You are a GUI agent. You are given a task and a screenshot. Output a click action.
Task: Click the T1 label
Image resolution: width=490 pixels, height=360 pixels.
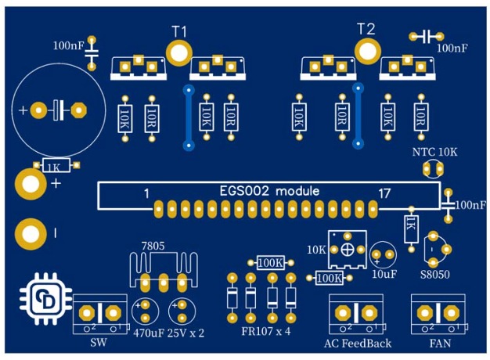tap(179, 31)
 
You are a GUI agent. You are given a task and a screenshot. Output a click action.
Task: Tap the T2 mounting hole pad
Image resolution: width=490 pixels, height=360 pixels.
tap(368, 51)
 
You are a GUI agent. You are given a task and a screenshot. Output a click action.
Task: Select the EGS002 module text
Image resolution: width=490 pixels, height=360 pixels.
tap(269, 191)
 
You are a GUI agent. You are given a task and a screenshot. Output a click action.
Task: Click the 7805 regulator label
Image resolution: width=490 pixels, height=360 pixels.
tap(153, 246)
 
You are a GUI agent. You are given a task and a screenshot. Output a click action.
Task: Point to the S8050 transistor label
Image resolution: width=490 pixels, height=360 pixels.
tap(434, 275)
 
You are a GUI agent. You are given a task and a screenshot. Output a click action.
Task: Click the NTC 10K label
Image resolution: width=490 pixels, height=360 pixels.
tap(434, 152)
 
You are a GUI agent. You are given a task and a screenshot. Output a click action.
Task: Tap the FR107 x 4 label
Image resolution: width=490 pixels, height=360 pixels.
tap(266, 331)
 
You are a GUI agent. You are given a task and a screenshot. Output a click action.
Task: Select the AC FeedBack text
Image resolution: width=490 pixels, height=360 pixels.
tap(358, 344)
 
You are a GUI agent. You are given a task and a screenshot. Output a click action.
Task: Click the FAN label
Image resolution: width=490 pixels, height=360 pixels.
tap(440, 344)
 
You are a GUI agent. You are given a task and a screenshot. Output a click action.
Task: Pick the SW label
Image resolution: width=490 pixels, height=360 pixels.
tap(99, 343)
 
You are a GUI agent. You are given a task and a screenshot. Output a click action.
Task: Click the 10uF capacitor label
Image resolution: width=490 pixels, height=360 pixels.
tap(384, 274)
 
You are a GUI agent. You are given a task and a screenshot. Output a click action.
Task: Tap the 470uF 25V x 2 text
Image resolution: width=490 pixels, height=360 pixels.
tap(169, 333)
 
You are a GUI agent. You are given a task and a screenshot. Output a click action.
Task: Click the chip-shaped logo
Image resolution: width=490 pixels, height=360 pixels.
tap(45, 300)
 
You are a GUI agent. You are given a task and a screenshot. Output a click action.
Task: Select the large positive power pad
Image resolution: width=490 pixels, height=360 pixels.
tap(31, 185)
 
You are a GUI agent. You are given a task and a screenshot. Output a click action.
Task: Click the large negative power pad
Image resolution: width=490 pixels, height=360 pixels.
tap(31, 234)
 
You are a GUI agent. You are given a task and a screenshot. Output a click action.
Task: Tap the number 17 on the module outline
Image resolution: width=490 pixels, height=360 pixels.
tap(384, 194)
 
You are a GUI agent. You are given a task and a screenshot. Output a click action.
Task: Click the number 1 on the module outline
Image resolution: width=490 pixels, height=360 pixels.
tap(146, 194)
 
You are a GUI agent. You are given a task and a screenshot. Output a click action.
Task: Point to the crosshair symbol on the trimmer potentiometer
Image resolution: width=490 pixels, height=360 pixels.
tap(347, 250)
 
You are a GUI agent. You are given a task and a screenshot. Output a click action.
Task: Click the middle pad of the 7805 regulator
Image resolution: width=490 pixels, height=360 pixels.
tap(163, 283)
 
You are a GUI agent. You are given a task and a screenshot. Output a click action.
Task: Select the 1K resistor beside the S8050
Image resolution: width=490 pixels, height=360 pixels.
tap(412, 229)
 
